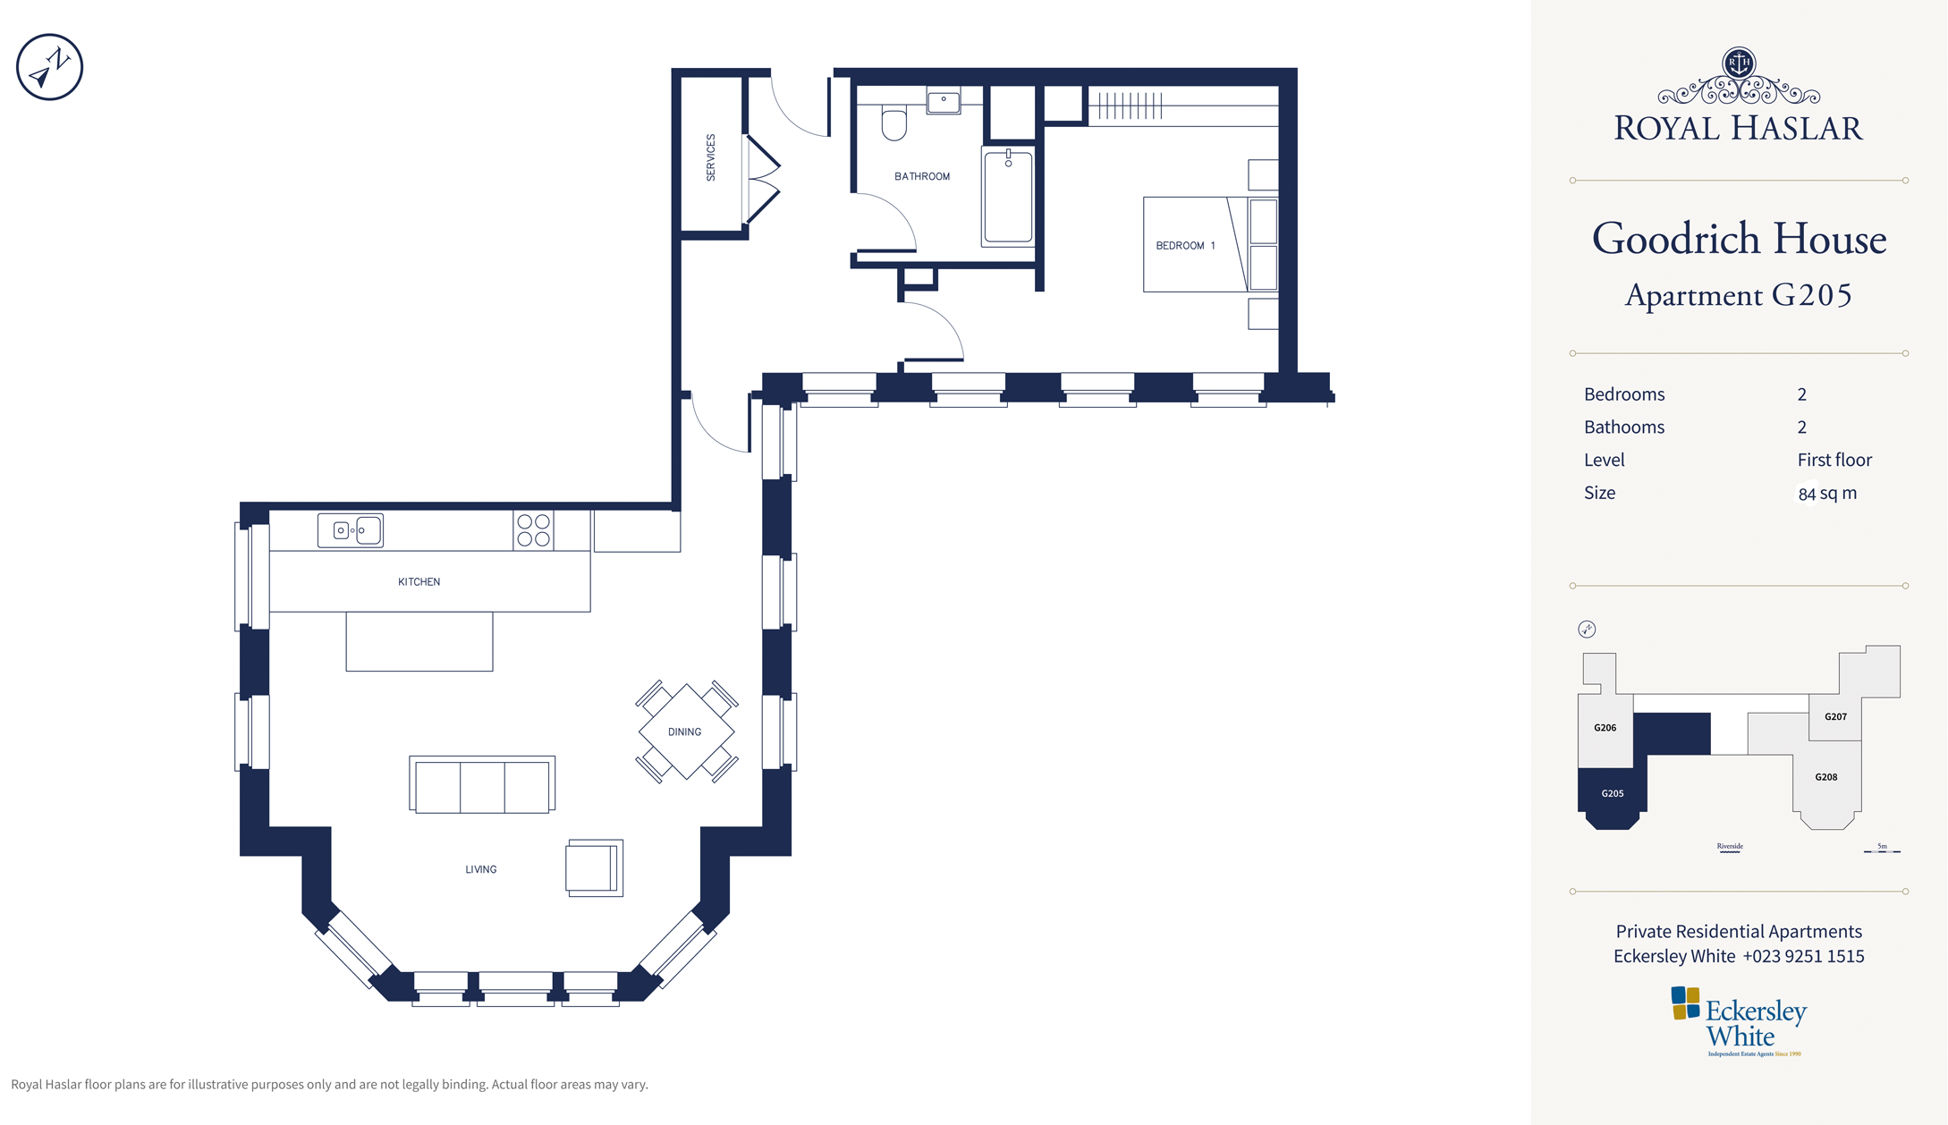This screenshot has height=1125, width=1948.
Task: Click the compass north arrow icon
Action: (49, 67)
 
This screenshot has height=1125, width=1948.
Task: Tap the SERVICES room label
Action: (711, 157)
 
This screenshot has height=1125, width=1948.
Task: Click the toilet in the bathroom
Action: (894, 123)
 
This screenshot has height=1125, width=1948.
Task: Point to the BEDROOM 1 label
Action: (1185, 245)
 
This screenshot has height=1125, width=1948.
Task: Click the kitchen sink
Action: (351, 530)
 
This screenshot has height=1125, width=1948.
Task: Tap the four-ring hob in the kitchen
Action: (533, 530)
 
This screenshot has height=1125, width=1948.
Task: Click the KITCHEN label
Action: (419, 581)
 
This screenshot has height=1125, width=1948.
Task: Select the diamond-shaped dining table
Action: (686, 732)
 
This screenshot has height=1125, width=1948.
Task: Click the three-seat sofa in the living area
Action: (482, 784)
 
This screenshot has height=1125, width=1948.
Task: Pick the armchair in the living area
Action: (595, 867)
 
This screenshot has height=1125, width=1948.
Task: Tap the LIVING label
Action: (480, 869)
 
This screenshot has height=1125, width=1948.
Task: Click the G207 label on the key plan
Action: (1835, 716)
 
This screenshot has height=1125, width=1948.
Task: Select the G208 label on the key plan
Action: (1825, 777)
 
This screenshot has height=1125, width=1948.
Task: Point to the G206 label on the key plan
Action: (1605, 728)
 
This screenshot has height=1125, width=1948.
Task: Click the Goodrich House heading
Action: (1739, 239)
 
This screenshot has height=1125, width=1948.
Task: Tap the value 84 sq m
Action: (1827, 493)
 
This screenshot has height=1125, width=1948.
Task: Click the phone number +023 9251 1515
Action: (1803, 956)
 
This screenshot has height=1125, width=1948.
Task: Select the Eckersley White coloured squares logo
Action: (1685, 1003)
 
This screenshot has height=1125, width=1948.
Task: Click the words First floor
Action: (1834, 460)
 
